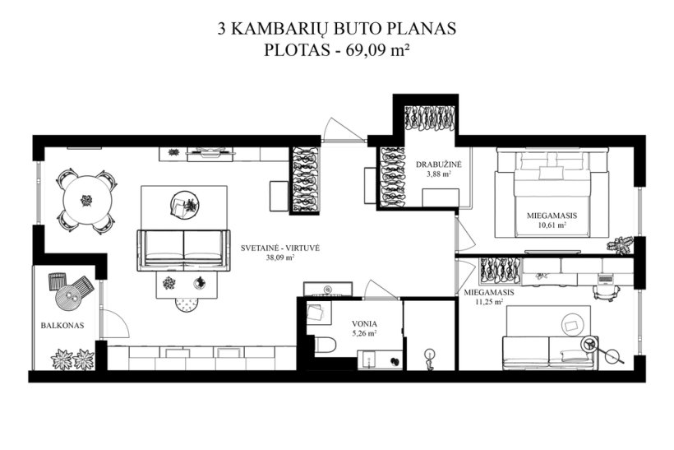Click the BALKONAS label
pos(62,326)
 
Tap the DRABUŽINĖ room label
pos(439,165)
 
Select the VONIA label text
pos(364,323)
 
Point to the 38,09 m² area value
pos(280,257)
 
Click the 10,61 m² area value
pos(552,225)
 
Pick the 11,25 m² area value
pos(489,302)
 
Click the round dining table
pos(87,200)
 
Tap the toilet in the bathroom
pos(325,345)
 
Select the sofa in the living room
pos(183,250)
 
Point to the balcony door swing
pos(115,323)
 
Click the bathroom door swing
pos(381,289)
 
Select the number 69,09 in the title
pos(365,50)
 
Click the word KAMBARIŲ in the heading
pos(280,30)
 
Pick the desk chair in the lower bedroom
pos(606,293)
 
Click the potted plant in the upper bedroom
pos(621,245)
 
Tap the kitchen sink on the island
pos(328,289)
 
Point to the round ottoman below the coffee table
pos(187,304)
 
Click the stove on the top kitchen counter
pos(210,153)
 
